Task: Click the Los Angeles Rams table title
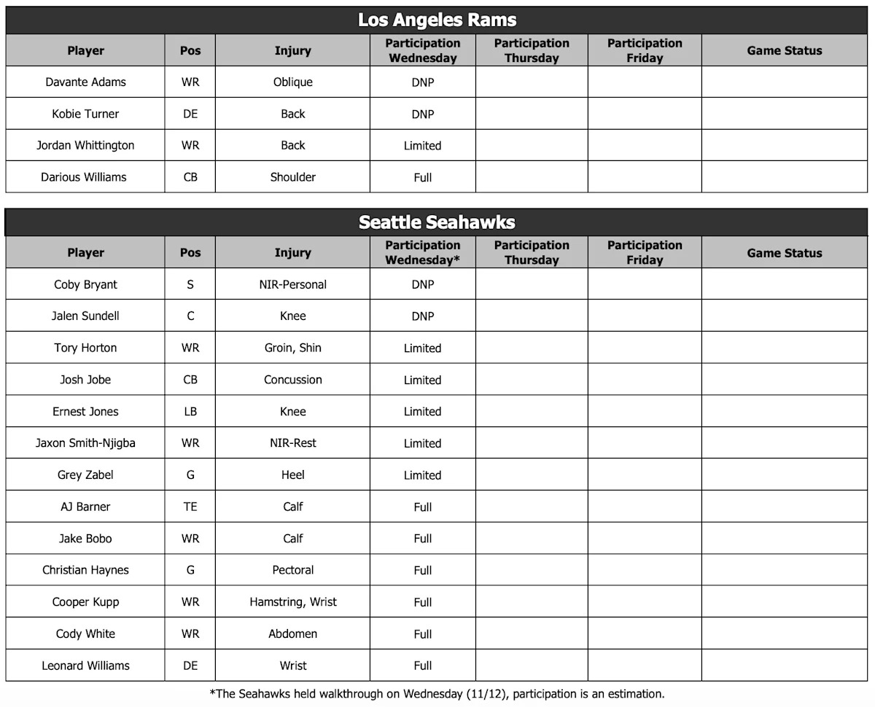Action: click(437, 20)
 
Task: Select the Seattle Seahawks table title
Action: click(437, 222)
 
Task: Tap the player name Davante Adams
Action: click(85, 82)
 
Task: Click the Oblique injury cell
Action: click(292, 82)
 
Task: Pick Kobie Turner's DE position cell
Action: click(190, 114)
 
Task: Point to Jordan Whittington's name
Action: click(85, 146)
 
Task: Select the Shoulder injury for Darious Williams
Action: click(292, 177)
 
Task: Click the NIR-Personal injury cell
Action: click(292, 285)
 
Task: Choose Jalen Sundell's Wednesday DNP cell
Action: click(423, 316)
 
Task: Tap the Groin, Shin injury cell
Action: click(292, 348)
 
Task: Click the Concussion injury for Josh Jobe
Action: click(292, 380)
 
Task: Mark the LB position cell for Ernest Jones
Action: click(190, 412)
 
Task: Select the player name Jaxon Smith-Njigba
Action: click(85, 443)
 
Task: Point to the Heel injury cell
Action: click(292, 475)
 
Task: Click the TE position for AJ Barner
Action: click(190, 507)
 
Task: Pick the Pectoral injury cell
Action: click(292, 570)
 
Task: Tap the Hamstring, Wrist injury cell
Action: click(292, 602)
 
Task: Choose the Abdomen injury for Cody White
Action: click(292, 634)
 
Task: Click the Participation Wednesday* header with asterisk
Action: click(423, 253)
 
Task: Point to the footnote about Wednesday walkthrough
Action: click(437, 694)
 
